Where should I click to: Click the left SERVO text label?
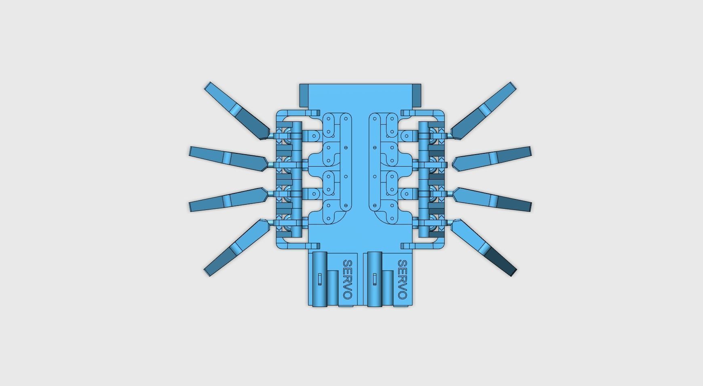click(x=347, y=279)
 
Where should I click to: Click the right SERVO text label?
click(x=402, y=279)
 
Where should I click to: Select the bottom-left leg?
click(x=236, y=247)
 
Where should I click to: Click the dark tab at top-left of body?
click(x=304, y=96)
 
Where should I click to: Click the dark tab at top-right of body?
click(x=416, y=96)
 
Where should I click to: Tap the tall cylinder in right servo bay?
click(x=375, y=279)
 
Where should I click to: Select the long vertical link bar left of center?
click(x=346, y=162)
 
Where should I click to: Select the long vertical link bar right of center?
click(x=375, y=162)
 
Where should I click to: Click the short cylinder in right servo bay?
click(x=388, y=287)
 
